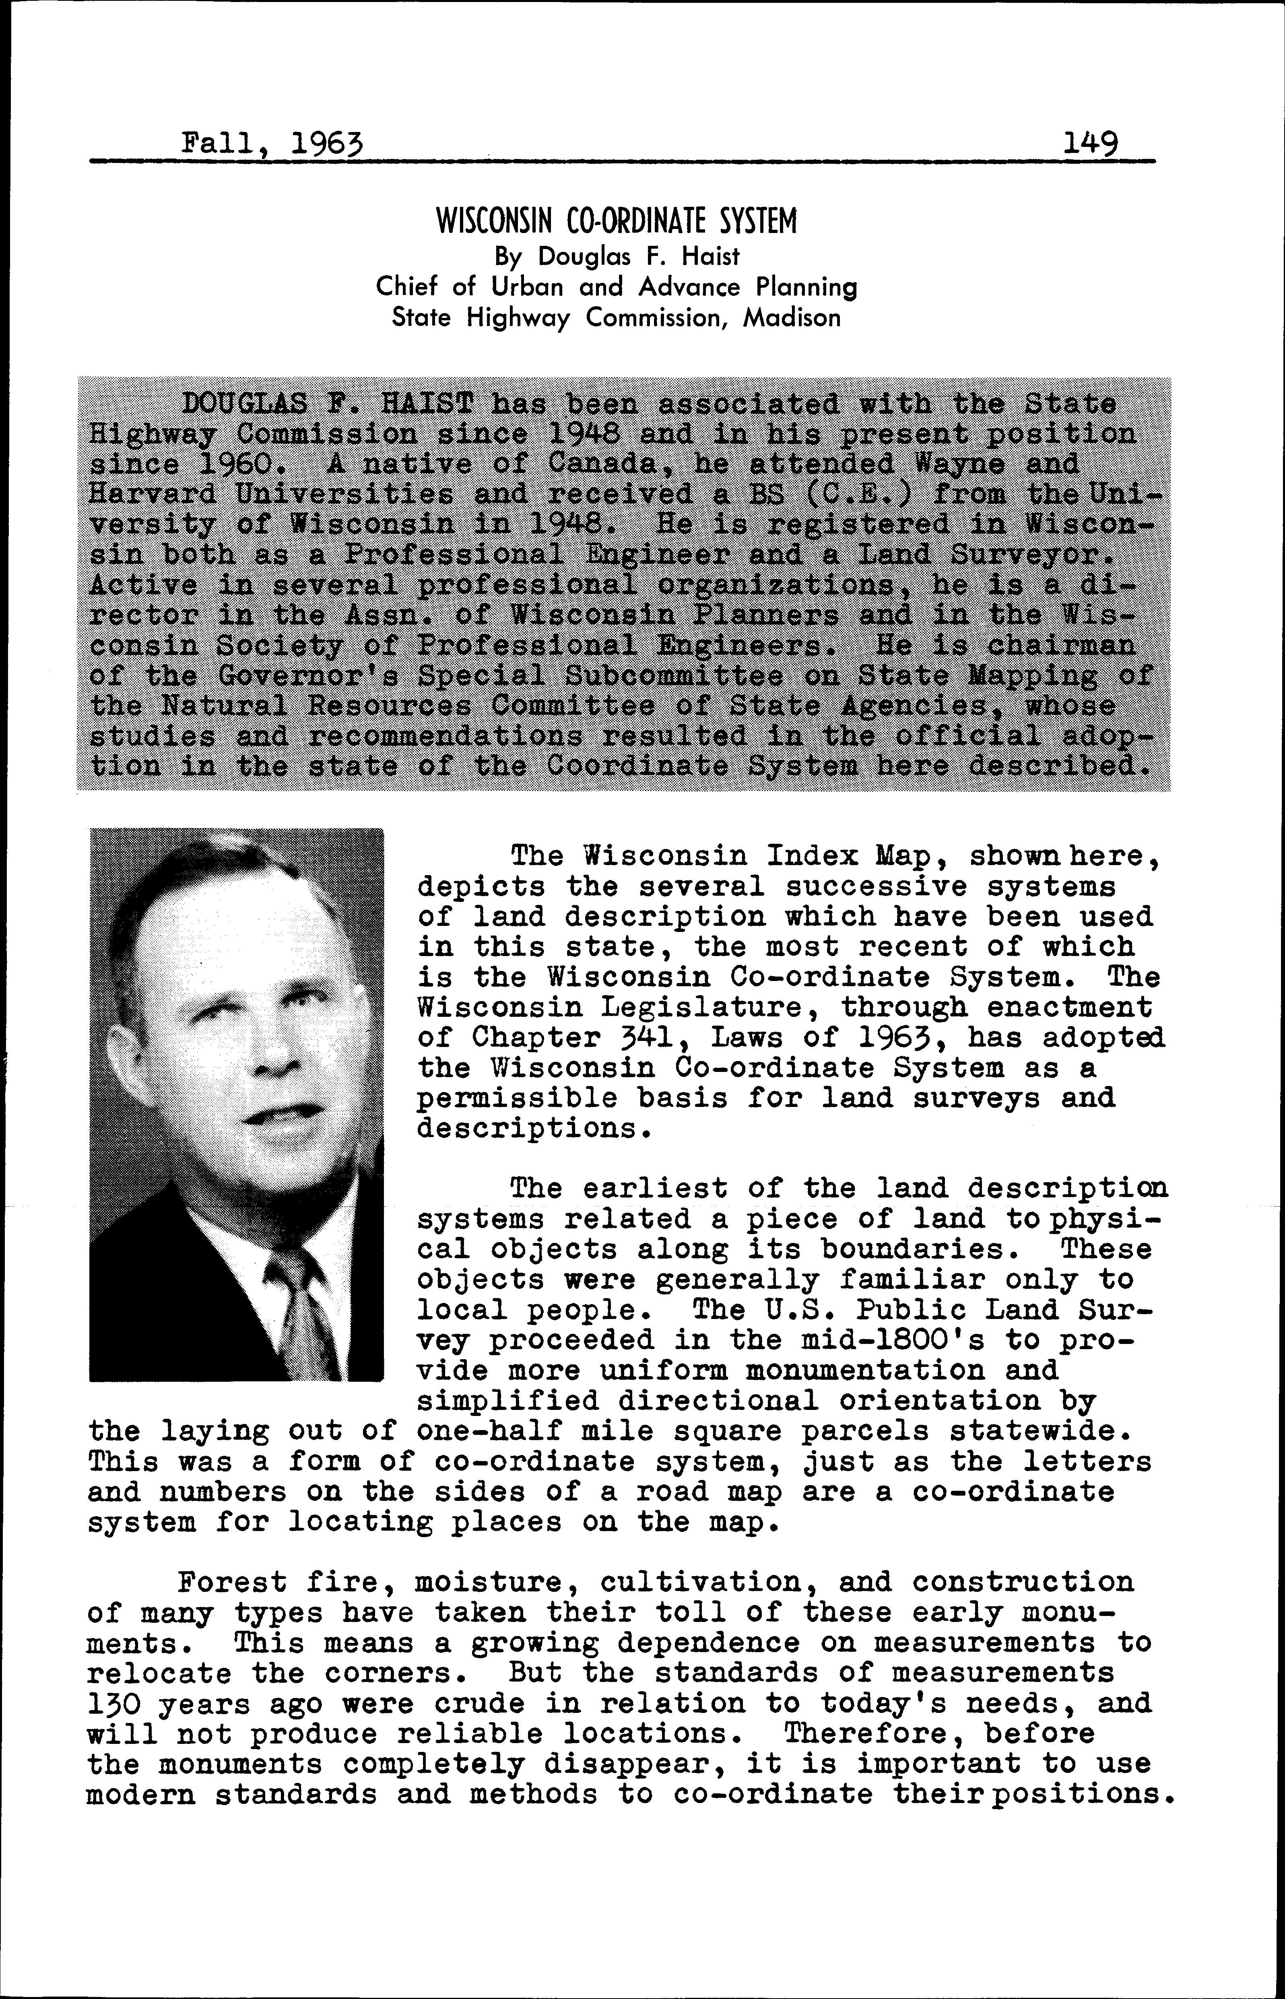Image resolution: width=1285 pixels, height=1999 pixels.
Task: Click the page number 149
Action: click(x=1091, y=144)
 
